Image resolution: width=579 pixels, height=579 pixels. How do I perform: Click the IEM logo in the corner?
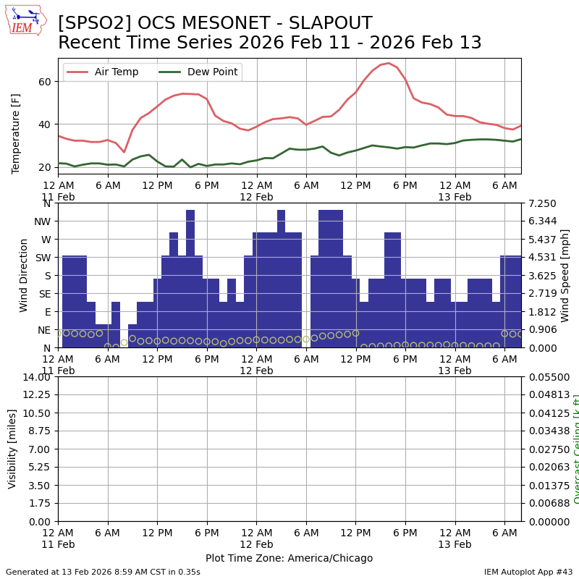pyautogui.click(x=25, y=20)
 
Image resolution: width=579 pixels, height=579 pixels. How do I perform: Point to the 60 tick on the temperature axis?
pyautogui.click(x=44, y=82)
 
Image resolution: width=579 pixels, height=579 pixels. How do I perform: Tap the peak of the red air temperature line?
pyautogui.click(x=389, y=63)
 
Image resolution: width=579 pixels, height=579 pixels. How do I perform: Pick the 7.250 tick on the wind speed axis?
pyautogui.click(x=541, y=203)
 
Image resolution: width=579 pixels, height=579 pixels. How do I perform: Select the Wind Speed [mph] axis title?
pyautogui.click(x=565, y=275)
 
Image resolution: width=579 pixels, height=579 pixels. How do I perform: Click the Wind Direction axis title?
pyautogui.click(x=24, y=275)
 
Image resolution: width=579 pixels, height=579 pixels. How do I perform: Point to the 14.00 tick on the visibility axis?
pyautogui.click(x=36, y=377)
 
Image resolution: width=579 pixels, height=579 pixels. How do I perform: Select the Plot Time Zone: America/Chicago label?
pyautogui.click(x=289, y=558)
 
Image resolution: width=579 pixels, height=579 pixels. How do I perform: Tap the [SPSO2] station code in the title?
pyautogui.click(x=91, y=24)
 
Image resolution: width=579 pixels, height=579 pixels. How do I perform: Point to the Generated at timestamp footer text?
pyautogui.click(x=103, y=572)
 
